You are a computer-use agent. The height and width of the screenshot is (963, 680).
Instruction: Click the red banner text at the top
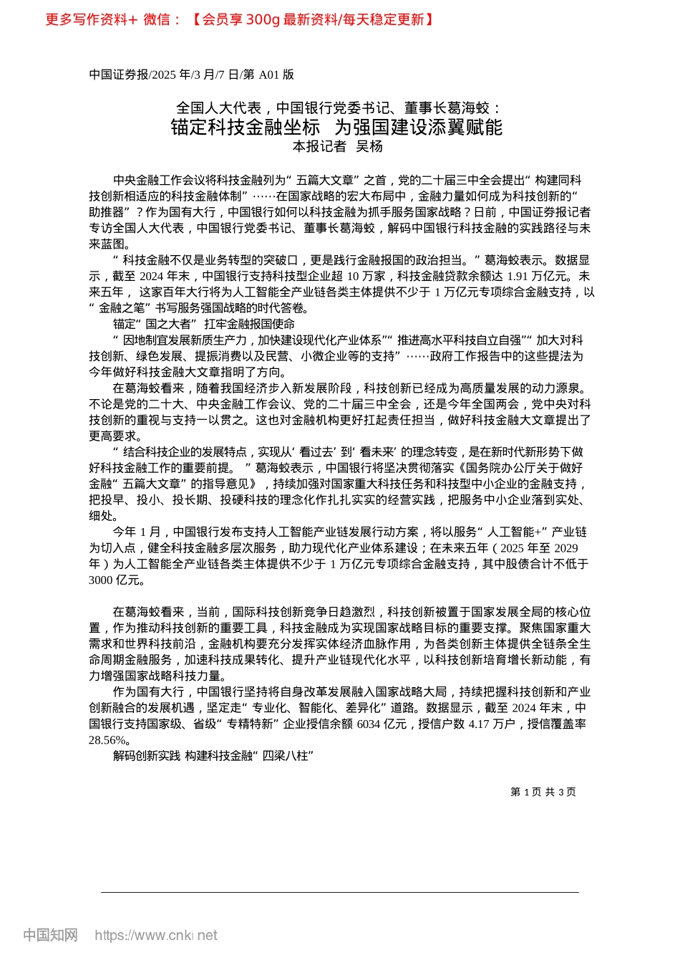pos(239,19)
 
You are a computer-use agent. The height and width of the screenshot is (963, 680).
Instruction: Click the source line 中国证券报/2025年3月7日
pos(191,75)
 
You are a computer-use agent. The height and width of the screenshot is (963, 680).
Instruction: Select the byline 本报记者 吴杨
pos(338,147)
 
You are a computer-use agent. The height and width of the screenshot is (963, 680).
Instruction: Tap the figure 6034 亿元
pos(382,724)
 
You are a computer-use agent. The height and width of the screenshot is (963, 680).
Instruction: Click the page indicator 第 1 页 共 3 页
pos(543,792)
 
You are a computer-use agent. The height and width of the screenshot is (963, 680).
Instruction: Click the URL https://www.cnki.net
pos(155,935)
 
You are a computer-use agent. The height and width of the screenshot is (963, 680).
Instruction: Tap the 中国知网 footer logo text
pos(50,935)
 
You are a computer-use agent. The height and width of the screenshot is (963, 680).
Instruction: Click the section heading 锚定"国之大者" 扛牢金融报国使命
pos(204,325)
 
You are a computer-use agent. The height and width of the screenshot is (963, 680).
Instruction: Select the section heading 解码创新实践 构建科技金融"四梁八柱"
pos(213,756)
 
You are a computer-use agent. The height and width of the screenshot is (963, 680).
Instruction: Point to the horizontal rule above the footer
pos(339,892)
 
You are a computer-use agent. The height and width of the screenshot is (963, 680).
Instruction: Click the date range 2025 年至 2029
pos(538,549)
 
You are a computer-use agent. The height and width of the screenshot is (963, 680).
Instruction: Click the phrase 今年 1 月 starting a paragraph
pos(137,532)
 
